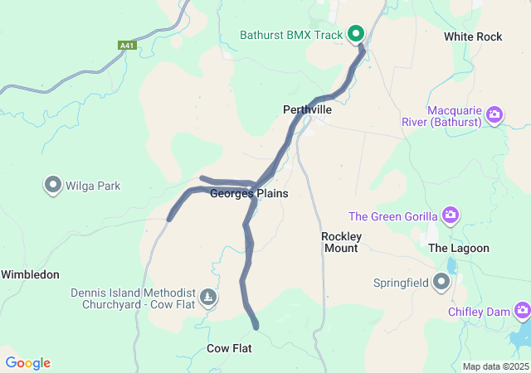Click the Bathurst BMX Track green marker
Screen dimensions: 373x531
click(x=356, y=34)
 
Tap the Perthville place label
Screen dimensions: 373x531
click(x=307, y=109)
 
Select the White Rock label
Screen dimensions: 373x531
click(x=473, y=36)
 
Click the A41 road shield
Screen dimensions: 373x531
click(x=127, y=46)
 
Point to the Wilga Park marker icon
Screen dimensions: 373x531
click(x=54, y=185)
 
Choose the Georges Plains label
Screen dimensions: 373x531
click(x=249, y=194)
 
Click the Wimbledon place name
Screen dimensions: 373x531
click(x=30, y=274)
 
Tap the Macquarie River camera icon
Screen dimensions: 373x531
click(x=494, y=114)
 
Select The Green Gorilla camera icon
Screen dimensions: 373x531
click(x=451, y=216)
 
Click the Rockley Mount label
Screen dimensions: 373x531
click(x=339, y=242)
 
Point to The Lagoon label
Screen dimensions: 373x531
click(x=458, y=248)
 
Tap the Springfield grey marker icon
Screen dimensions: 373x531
click(x=441, y=283)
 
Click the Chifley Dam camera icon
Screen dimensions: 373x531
click(x=522, y=311)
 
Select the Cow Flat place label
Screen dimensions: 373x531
click(x=229, y=348)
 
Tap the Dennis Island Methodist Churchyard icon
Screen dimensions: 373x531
click(x=208, y=297)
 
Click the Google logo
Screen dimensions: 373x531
click(x=27, y=363)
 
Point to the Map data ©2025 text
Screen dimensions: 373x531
click(x=494, y=366)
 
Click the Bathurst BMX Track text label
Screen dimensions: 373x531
click(x=291, y=35)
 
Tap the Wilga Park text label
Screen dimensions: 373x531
click(x=94, y=186)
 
